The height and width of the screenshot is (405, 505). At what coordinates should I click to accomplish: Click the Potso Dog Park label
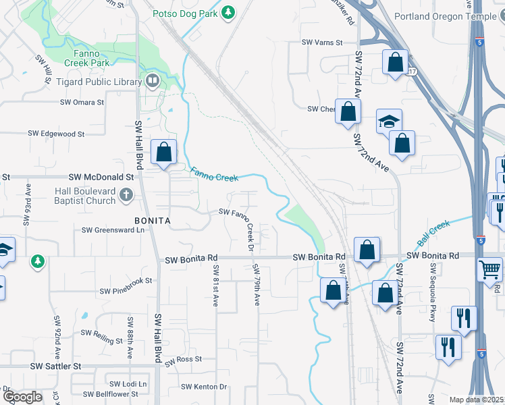click(184, 12)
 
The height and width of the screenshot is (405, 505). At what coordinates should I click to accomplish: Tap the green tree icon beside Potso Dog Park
click(228, 12)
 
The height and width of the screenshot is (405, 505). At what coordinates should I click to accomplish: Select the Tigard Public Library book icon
click(153, 82)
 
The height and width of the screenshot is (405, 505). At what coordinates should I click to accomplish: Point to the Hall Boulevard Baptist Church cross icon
click(126, 196)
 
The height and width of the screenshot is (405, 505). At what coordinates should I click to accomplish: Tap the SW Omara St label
click(82, 103)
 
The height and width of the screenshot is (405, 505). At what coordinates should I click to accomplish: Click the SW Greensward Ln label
click(113, 230)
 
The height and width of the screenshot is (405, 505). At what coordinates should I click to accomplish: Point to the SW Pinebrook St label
click(126, 291)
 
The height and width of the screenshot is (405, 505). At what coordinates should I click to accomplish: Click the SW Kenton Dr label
click(204, 387)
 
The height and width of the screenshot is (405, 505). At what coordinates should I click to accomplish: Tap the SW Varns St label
click(322, 42)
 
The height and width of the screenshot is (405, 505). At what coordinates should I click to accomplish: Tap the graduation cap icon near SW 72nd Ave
click(389, 121)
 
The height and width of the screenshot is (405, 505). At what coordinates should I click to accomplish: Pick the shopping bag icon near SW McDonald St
click(164, 152)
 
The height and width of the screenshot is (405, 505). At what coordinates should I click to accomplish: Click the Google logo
click(23, 398)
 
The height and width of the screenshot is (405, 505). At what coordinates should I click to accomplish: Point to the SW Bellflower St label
click(110, 394)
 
